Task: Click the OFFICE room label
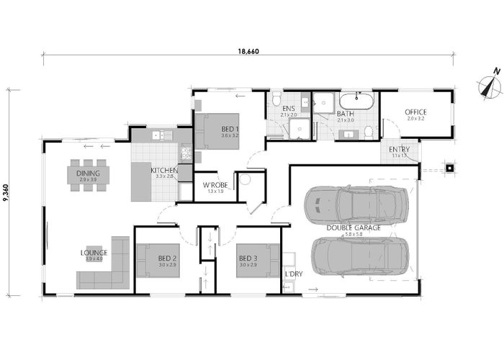pos(415,112)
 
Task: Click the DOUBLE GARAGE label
pos(354,228)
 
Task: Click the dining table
pos(90,175)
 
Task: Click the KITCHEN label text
pos(163,171)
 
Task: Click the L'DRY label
pos(293,274)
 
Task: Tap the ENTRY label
pos(400,149)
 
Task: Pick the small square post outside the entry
pos(449,169)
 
